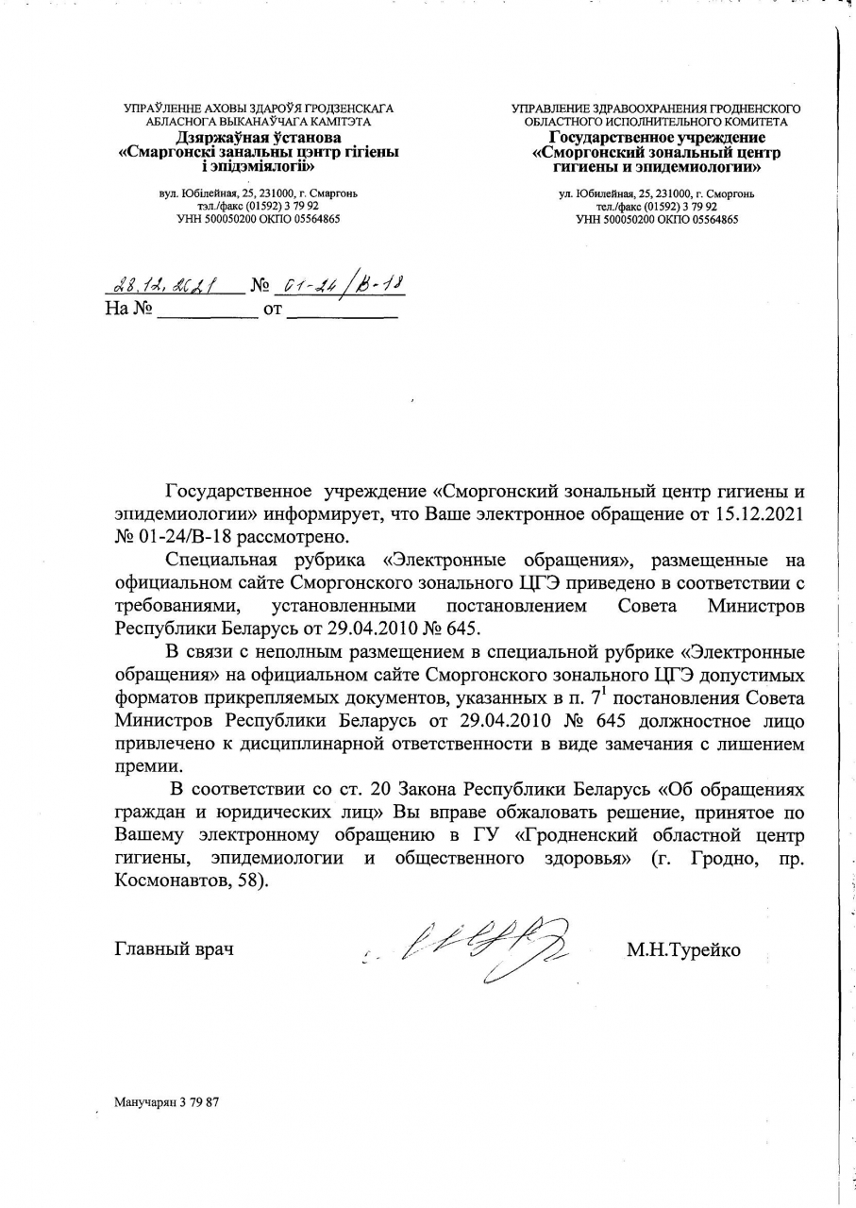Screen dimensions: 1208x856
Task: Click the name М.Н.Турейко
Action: pos(683,950)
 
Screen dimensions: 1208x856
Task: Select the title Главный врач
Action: pos(174,950)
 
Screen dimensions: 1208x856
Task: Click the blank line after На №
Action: pos(206,309)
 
